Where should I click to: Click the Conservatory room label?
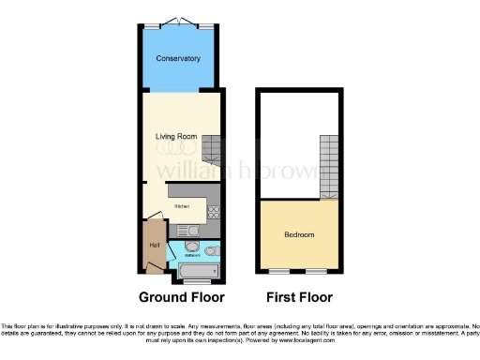tap(178, 58)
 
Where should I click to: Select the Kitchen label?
tap(182, 205)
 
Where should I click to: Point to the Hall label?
tap(153, 246)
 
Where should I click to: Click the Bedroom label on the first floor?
tap(300, 234)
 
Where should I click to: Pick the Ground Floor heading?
tap(182, 298)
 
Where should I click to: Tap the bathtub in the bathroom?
tap(198, 271)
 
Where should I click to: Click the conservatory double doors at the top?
tap(179, 22)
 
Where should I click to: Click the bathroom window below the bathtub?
tap(198, 282)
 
